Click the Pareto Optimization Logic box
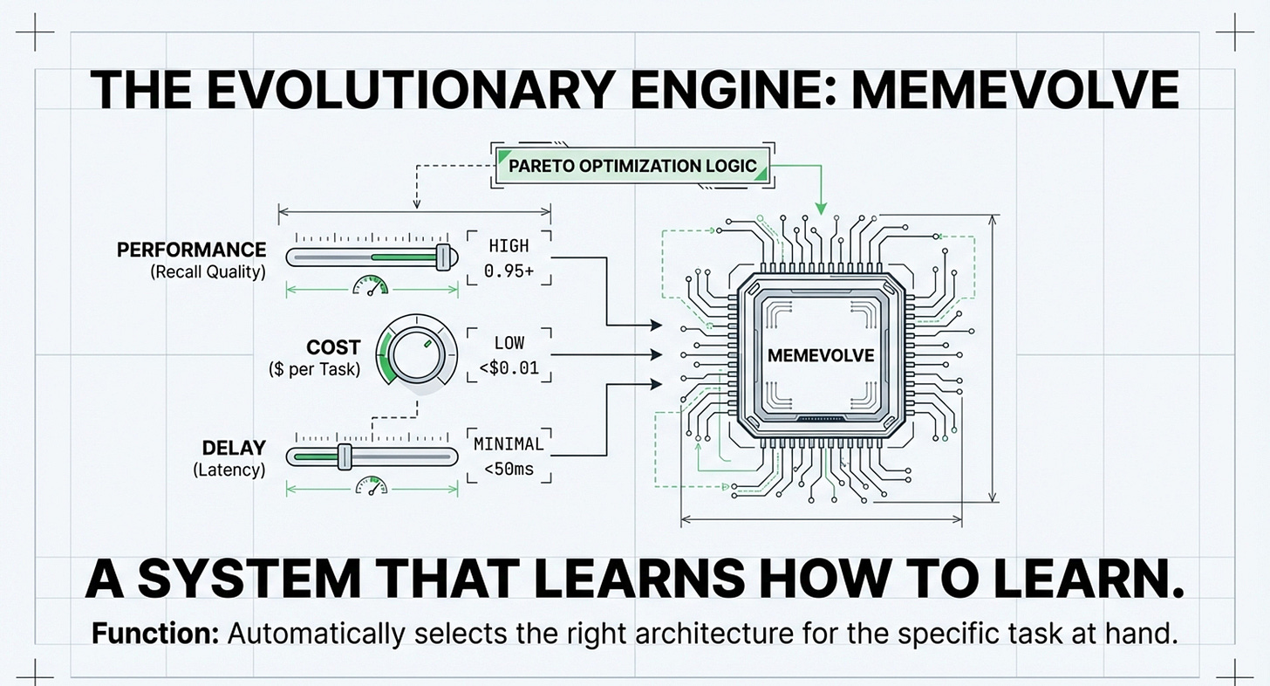click(632, 166)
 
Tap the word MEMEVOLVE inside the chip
click(819, 355)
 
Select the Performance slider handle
click(446, 256)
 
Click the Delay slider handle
click(344, 456)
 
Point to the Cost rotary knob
click(417, 355)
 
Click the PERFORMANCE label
click(191, 250)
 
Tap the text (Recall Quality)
click(208, 271)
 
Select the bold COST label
click(333, 347)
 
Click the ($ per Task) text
click(313, 369)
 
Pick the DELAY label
click(234, 449)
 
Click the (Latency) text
click(229, 470)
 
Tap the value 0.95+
click(509, 271)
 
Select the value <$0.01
click(509, 369)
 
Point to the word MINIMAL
click(509, 444)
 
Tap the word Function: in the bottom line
click(155, 633)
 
